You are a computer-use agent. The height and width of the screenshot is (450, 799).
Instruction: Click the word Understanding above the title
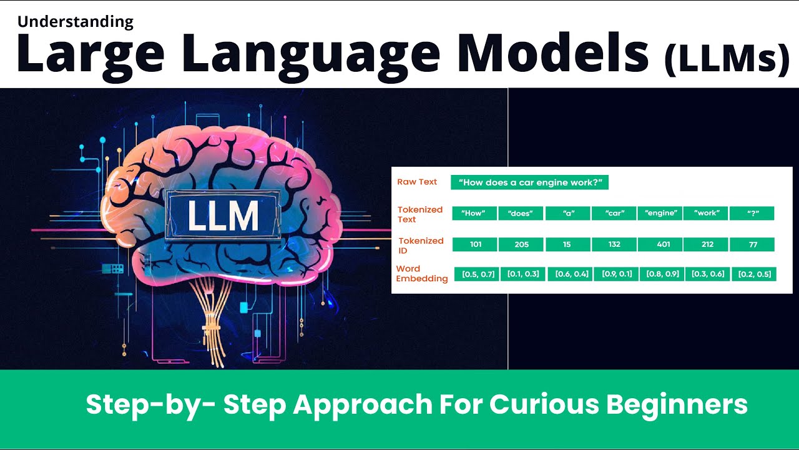pyautogui.click(x=76, y=22)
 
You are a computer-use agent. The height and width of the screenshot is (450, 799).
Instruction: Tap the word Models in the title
pyautogui.click(x=552, y=55)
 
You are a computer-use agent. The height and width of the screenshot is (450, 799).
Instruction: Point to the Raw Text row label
pyautogui.click(x=417, y=182)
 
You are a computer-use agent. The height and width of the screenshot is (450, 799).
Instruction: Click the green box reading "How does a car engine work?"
pyautogui.click(x=529, y=182)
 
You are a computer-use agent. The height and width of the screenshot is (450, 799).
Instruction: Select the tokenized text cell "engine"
pyautogui.click(x=660, y=213)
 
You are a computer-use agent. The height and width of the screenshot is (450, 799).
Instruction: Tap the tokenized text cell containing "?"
pyautogui.click(x=752, y=213)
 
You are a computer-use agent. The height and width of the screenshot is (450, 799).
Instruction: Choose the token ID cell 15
pyautogui.click(x=567, y=244)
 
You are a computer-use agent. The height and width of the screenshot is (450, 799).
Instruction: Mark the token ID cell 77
pyautogui.click(x=752, y=244)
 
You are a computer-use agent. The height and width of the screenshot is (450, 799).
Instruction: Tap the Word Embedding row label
pyautogui.click(x=421, y=274)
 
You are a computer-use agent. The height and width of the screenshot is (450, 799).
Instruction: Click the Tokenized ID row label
pyautogui.click(x=420, y=245)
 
